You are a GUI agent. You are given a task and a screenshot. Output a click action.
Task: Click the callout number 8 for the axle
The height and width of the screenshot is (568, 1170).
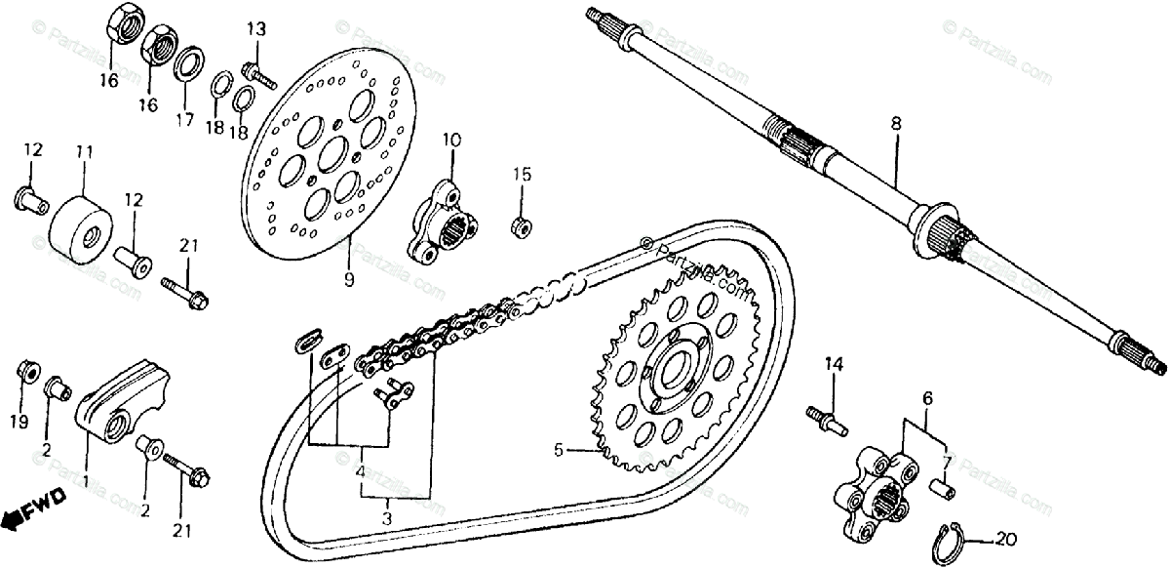click(895, 124)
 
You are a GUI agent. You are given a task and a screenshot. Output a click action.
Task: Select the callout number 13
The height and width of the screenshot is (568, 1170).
click(255, 29)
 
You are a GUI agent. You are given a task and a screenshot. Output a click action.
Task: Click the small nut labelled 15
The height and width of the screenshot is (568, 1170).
click(522, 226)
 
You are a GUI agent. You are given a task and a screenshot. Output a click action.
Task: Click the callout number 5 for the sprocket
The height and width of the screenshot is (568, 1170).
click(559, 450)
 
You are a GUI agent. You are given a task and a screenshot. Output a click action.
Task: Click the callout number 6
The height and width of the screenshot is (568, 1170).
click(927, 397)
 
